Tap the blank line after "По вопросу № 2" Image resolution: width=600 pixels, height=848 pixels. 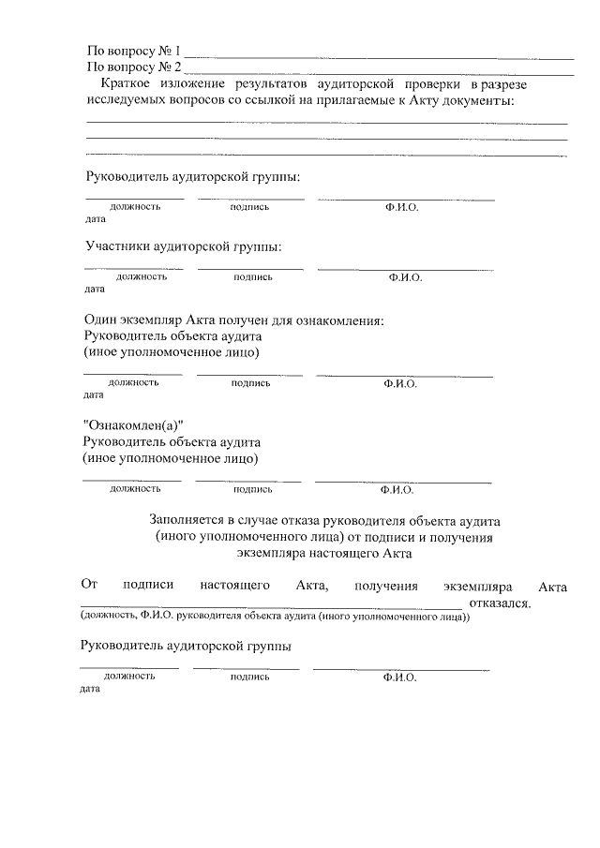click(x=379, y=72)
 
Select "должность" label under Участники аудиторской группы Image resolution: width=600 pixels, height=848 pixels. click(x=142, y=277)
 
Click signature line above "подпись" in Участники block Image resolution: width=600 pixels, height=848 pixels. click(x=250, y=270)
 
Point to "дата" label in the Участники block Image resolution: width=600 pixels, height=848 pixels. click(x=95, y=290)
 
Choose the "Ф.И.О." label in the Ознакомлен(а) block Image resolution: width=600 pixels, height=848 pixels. click(x=397, y=489)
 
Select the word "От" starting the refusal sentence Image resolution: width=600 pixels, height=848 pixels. click(x=90, y=586)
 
